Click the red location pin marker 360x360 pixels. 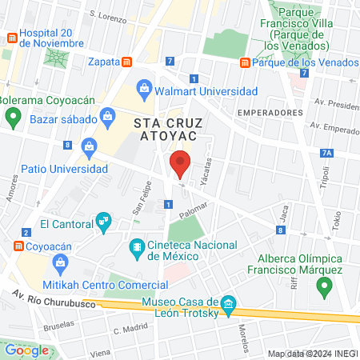pos(181,163)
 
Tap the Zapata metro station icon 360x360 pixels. pos(126,62)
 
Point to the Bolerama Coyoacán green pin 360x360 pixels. pos(12,118)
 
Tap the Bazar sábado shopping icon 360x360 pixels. pos(109,120)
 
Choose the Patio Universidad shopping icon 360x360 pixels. pos(89,146)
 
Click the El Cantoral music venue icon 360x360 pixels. pos(102,220)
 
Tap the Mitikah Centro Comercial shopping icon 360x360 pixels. pos(59,262)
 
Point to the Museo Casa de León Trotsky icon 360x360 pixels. pos(228,303)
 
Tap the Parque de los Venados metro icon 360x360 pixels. pos(245,63)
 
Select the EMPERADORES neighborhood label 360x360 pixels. pos(268,113)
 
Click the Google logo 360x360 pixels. pos(27,350)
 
